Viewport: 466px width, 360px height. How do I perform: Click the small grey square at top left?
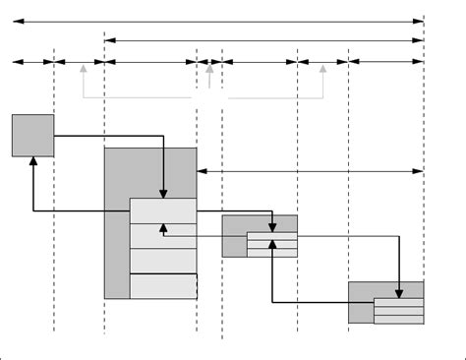click(x=32, y=135)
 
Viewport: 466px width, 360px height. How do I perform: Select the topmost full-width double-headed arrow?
click(x=217, y=20)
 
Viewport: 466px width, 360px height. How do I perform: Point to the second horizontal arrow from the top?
click(x=263, y=40)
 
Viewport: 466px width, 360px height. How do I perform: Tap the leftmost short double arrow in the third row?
click(x=32, y=62)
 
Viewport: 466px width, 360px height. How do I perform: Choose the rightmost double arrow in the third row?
click(x=385, y=62)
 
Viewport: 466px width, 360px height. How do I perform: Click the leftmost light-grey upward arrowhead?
click(x=83, y=69)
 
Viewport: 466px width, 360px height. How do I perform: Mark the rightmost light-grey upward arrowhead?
click(x=323, y=69)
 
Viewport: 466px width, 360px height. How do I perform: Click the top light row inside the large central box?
click(x=163, y=210)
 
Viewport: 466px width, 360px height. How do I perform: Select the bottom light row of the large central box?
click(x=163, y=285)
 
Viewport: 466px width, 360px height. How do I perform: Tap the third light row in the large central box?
click(x=163, y=261)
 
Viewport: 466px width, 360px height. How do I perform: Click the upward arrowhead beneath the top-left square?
click(x=33, y=161)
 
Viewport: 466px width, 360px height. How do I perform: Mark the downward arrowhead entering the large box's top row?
click(x=163, y=193)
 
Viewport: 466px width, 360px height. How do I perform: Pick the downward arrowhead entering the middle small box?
click(x=271, y=228)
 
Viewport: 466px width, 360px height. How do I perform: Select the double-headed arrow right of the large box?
click(x=310, y=171)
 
